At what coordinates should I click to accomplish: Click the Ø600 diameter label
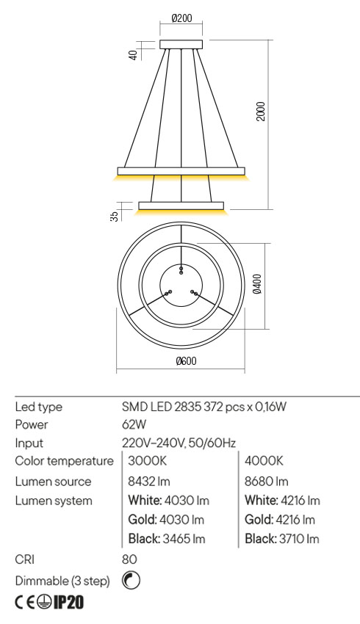point(186,361)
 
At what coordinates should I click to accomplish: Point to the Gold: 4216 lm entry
point(281,520)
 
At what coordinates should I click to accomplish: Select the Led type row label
point(38,406)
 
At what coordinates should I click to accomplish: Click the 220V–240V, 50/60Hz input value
point(178,443)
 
